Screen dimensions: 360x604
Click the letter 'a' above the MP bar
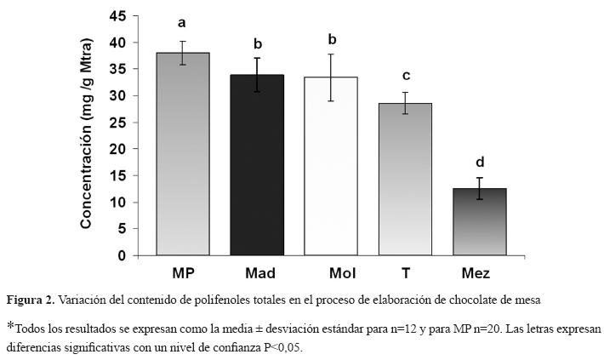[x=182, y=23]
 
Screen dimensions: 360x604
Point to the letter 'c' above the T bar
[x=406, y=75]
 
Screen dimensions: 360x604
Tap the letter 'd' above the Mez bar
[x=480, y=161]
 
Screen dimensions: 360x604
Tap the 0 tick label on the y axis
[x=122, y=255]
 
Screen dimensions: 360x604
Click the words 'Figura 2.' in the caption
[x=31, y=300]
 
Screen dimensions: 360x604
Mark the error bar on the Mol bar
[x=331, y=77]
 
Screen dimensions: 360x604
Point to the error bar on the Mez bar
[x=480, y=189]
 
